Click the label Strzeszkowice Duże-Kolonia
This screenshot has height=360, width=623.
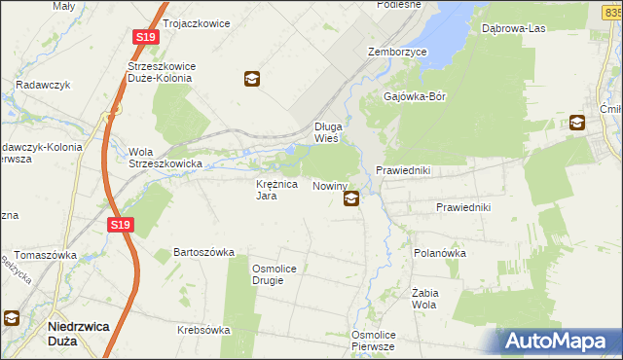pos(163,72)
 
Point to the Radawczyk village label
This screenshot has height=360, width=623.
pos(40,84)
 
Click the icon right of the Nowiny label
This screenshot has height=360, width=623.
pos(350,199)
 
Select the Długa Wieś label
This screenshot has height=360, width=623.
pos(325,132)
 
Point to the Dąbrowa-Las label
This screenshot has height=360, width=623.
pos(513,28)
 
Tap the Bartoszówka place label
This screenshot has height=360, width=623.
pos(204,252)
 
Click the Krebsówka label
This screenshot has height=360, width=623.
pos(203,330)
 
